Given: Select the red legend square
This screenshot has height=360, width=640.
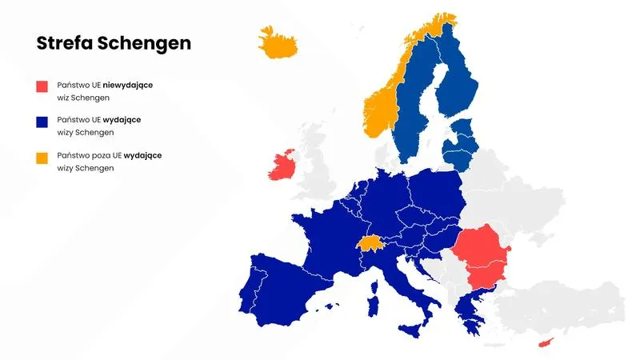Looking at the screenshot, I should (x=42, y=86).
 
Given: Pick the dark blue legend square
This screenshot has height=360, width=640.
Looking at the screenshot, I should (x=42, y=122).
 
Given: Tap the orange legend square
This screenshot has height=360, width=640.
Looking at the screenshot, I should (x=42, y=157).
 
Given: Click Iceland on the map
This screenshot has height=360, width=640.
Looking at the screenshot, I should (x=278, y=43).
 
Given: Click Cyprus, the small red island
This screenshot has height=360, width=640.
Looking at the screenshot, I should (x=546, y=342).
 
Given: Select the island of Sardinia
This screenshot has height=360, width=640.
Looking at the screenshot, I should (x=371, y=307).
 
